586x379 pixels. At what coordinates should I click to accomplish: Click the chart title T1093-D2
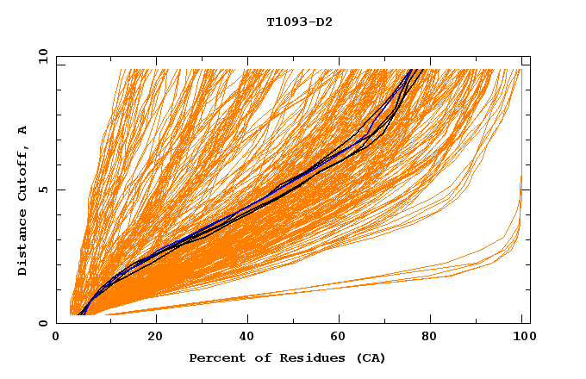click(x=299, y=22)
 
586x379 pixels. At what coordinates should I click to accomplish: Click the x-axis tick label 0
click(x=56, y=337)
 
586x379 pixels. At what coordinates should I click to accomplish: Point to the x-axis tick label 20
click(x=155, y=337)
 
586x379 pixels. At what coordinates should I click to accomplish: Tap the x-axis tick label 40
click(x=247, y=337)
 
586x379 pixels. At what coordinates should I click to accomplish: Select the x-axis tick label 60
click(x=340, y=337)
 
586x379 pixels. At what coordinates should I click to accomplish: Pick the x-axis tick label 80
click(x=433, y=337)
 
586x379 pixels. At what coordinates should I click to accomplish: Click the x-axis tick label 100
click(x=522, y=337)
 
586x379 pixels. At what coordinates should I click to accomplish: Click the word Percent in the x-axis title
click(x=215, y=357)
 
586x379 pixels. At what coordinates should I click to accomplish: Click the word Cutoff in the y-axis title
click(x=22, y=171)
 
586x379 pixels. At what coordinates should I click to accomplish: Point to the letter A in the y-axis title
click(x=22, y=130)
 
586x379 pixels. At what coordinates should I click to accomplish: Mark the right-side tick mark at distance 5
click(x=526, y=189)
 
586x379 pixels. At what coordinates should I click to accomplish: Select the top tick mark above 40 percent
click(x=247, y=59)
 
